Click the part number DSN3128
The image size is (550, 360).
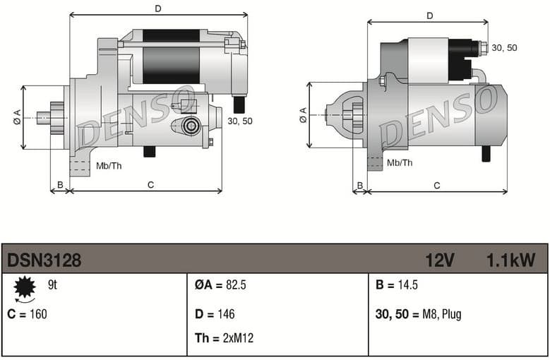(x=44, y=260)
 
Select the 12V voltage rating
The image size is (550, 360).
(x=439, y=260)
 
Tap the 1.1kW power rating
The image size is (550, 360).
(x=510, y=260)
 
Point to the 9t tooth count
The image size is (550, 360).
(x=52, y=285)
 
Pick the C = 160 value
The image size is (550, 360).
(x=27, y=314)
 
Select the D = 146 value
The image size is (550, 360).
(x=215, y=314)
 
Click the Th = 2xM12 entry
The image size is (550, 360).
(x=224, y=338)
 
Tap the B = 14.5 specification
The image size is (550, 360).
(x=397, y=286)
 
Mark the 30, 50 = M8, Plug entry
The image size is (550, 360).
(x=419, y=314)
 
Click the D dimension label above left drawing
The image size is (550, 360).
(x=158, y=8)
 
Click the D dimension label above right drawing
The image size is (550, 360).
(x=429, y=16)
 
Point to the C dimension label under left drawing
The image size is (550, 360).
(x=150, y=185)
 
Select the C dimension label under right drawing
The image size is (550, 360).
(x=437, y=186)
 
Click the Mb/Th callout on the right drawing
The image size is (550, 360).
(x=400, y=163)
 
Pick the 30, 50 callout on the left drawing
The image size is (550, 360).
(x=240, y=121)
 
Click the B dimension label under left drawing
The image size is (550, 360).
(x=60, y=185)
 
